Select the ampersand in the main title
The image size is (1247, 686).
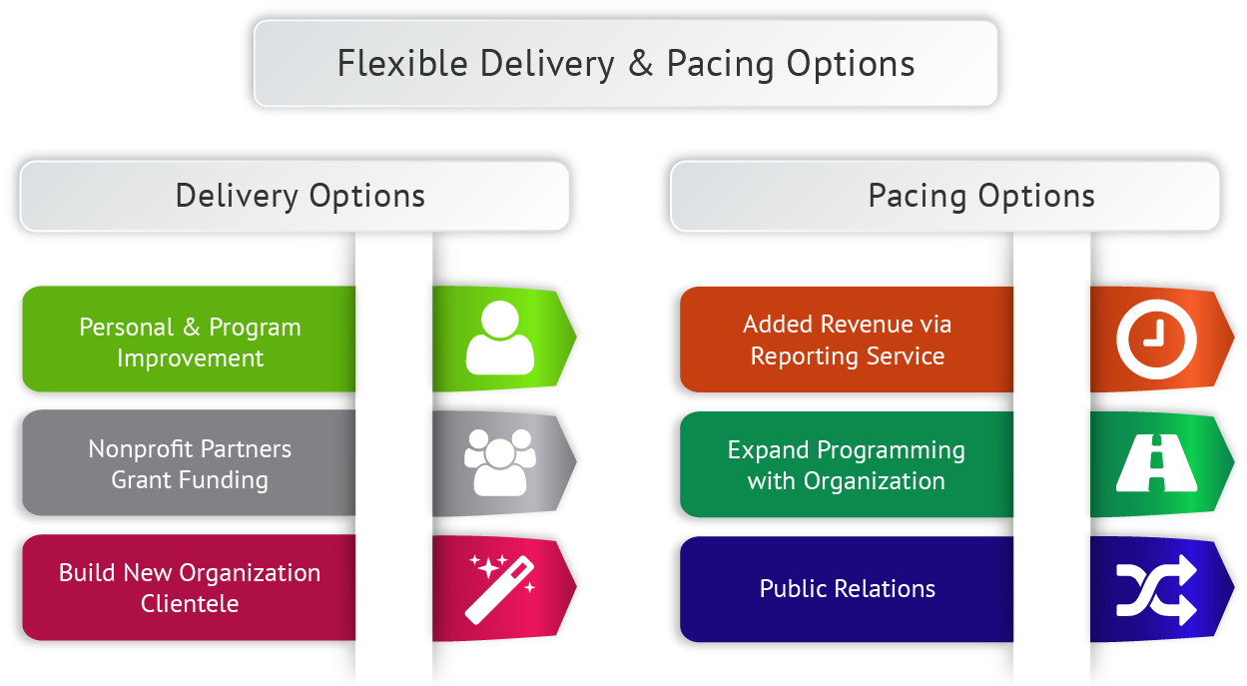coord(640,64)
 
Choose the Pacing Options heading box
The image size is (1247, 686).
coord(944,196)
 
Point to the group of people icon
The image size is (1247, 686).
coord(499,461)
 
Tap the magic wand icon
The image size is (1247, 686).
coord(500,587)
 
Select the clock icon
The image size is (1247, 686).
coord(1156,339)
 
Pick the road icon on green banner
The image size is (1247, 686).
coord(1156,464)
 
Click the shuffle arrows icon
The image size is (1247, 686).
coord(1156,589)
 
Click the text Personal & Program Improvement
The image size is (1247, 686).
coord(190,343)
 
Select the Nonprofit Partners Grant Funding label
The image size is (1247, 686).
coord(190,464)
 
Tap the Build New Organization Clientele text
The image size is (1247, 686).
coord(190,588)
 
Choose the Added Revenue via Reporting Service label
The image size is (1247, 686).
coord(848,341)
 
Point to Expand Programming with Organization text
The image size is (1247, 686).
coord(847,465)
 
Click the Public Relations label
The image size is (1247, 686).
coord(848,588)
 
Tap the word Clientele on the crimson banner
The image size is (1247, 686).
coord(190,603)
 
